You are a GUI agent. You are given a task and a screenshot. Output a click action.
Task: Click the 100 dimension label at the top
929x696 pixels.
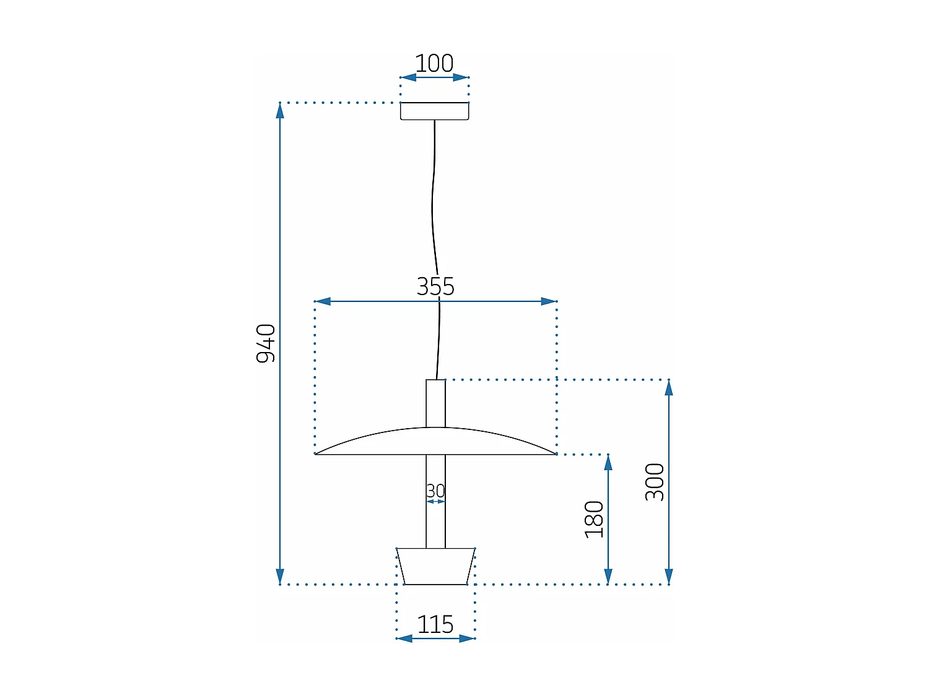pos(434,63)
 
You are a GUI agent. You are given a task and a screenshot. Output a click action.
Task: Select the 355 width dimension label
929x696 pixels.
pos(435,286)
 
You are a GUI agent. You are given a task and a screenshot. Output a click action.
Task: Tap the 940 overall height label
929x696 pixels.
pos(266,343)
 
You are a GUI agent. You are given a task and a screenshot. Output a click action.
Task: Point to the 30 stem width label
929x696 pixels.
pos(435,491)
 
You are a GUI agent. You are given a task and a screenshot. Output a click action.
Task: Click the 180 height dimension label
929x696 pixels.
pos(594,520)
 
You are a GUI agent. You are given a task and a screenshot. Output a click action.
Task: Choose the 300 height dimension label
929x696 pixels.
pos(655,482)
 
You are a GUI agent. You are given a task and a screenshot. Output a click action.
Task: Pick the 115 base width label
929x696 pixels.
pos(435,625)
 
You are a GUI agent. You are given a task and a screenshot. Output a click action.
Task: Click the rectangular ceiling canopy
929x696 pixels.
pos(434,111)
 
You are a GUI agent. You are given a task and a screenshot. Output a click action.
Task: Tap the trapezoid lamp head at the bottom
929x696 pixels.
pos(435,566)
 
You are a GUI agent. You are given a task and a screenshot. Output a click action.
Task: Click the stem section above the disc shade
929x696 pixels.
pos(435,403)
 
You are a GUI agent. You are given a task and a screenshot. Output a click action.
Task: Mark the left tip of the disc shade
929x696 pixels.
pos(317,453)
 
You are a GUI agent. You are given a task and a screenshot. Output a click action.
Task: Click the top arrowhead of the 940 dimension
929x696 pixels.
pos(280,111)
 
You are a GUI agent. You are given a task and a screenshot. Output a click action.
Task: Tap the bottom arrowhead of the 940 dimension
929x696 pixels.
pos(280,576)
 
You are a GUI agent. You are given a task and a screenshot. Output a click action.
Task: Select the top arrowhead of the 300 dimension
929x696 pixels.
pos(669,388)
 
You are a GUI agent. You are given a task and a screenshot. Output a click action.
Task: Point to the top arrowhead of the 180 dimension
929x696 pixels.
pos(608,463)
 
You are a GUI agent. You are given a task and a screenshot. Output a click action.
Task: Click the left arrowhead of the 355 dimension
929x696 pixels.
pos(323,301)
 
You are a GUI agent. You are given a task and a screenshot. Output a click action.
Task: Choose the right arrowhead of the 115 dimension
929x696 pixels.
pos(467,638)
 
